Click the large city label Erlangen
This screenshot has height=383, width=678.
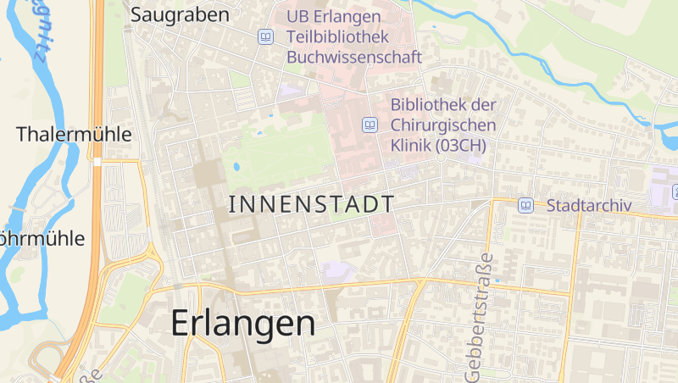pyautogui.click(x=243, y=324)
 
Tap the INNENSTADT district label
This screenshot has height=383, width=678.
pyautogui.click(x=312, y=204)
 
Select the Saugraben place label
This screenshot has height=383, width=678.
pyautogui.click(x=180, y=15)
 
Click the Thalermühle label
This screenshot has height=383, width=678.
pyautogui.click(x=75, y=134)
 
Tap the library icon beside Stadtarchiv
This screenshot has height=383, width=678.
pyautogui.click(x=526, y=205)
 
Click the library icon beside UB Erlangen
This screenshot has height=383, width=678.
pyautogui.click(x=266, y=37)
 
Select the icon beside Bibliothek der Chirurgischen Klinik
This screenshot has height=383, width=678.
pyautogui.click(x=370, y=125)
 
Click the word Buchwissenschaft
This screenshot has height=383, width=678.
pyautogui.click(x=354, y=58)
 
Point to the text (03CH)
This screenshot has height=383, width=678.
pyautogui.click(x=461, y=146)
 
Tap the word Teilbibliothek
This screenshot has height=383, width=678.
pyautogui.click(x=337, y=37)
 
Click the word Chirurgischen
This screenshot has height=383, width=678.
pyautogui.click(x=443, y=125)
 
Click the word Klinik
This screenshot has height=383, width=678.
pyautogui.click(x=411, y=146)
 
